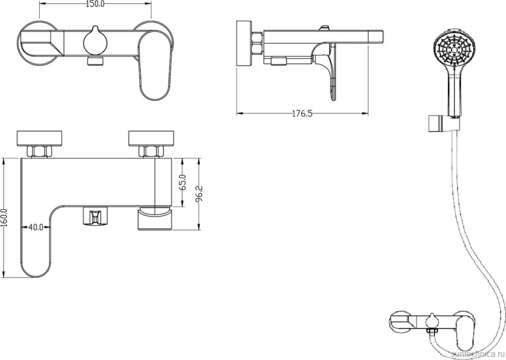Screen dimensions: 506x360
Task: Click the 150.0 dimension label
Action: click(95, 4)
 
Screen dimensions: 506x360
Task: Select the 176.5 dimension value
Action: click(303, 114)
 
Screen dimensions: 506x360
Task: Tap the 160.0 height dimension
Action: click(4, 218)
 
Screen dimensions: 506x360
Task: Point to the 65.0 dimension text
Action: click(183, 182)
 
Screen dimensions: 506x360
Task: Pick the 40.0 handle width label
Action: click(36, 227)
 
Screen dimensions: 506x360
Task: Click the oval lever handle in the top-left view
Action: click(154, 66)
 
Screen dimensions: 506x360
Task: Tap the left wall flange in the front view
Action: click(40, 138)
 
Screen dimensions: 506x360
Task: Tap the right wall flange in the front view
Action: click(151, 138)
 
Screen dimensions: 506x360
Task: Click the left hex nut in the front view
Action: click(40, 152)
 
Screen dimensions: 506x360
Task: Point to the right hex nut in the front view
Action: click(150, 152)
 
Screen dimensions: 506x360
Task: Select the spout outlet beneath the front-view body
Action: click(154, 219)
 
